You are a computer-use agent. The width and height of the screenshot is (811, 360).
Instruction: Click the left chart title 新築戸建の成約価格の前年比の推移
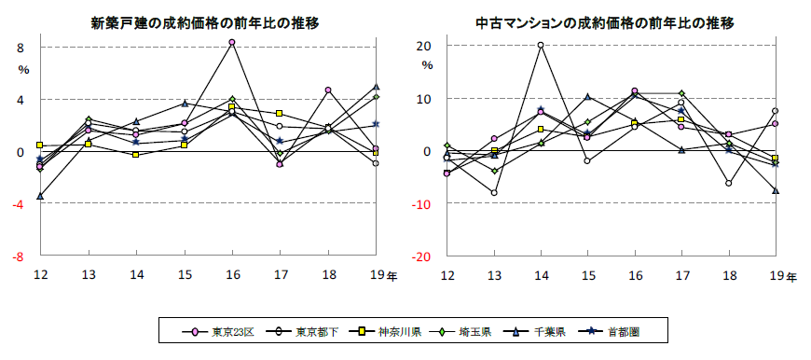[x=205, y=22]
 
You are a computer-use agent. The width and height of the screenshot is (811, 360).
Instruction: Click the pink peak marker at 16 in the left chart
[x=232, y=43]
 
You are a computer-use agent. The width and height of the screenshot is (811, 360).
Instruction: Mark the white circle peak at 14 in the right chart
[x=541, y=45]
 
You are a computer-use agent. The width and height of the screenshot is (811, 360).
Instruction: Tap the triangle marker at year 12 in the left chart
[x=40, y=197]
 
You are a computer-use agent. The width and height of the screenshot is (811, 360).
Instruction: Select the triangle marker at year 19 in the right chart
[x=776, y=191]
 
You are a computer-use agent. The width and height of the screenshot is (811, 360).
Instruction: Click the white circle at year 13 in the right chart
[x=494, y=193]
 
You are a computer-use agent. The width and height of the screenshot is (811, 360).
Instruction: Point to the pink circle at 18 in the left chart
[x=328, y=90]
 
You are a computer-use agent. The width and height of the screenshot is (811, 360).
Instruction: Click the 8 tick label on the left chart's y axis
[x=21, y=48]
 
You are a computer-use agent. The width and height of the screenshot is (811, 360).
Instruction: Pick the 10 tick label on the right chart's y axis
[x=423, y=99]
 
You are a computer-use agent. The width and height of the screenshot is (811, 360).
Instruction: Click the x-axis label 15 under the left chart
[x=185, y=275]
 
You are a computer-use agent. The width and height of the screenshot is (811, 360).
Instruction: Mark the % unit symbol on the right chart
[x=427, y=66]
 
